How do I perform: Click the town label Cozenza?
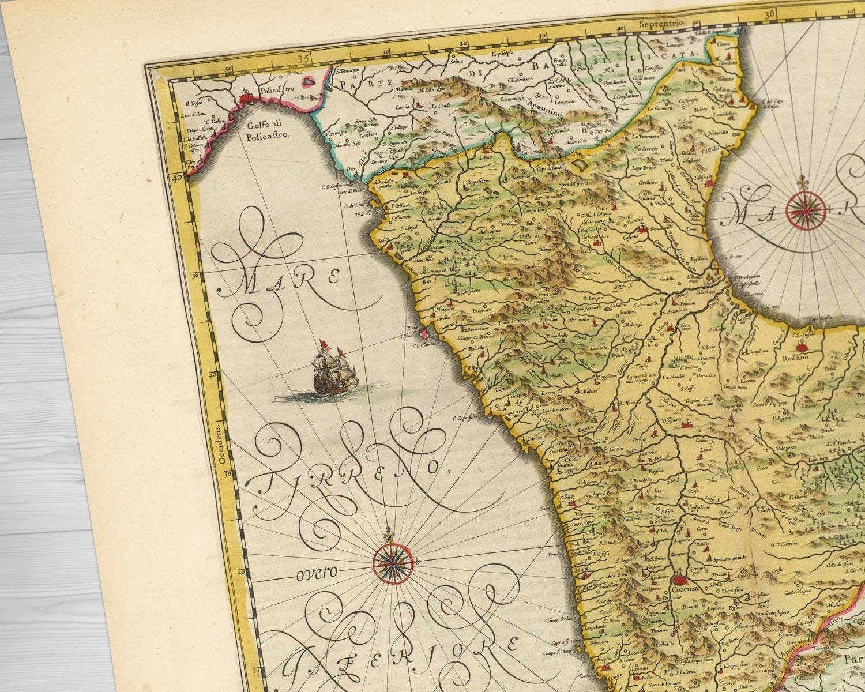(x=685, y=590)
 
